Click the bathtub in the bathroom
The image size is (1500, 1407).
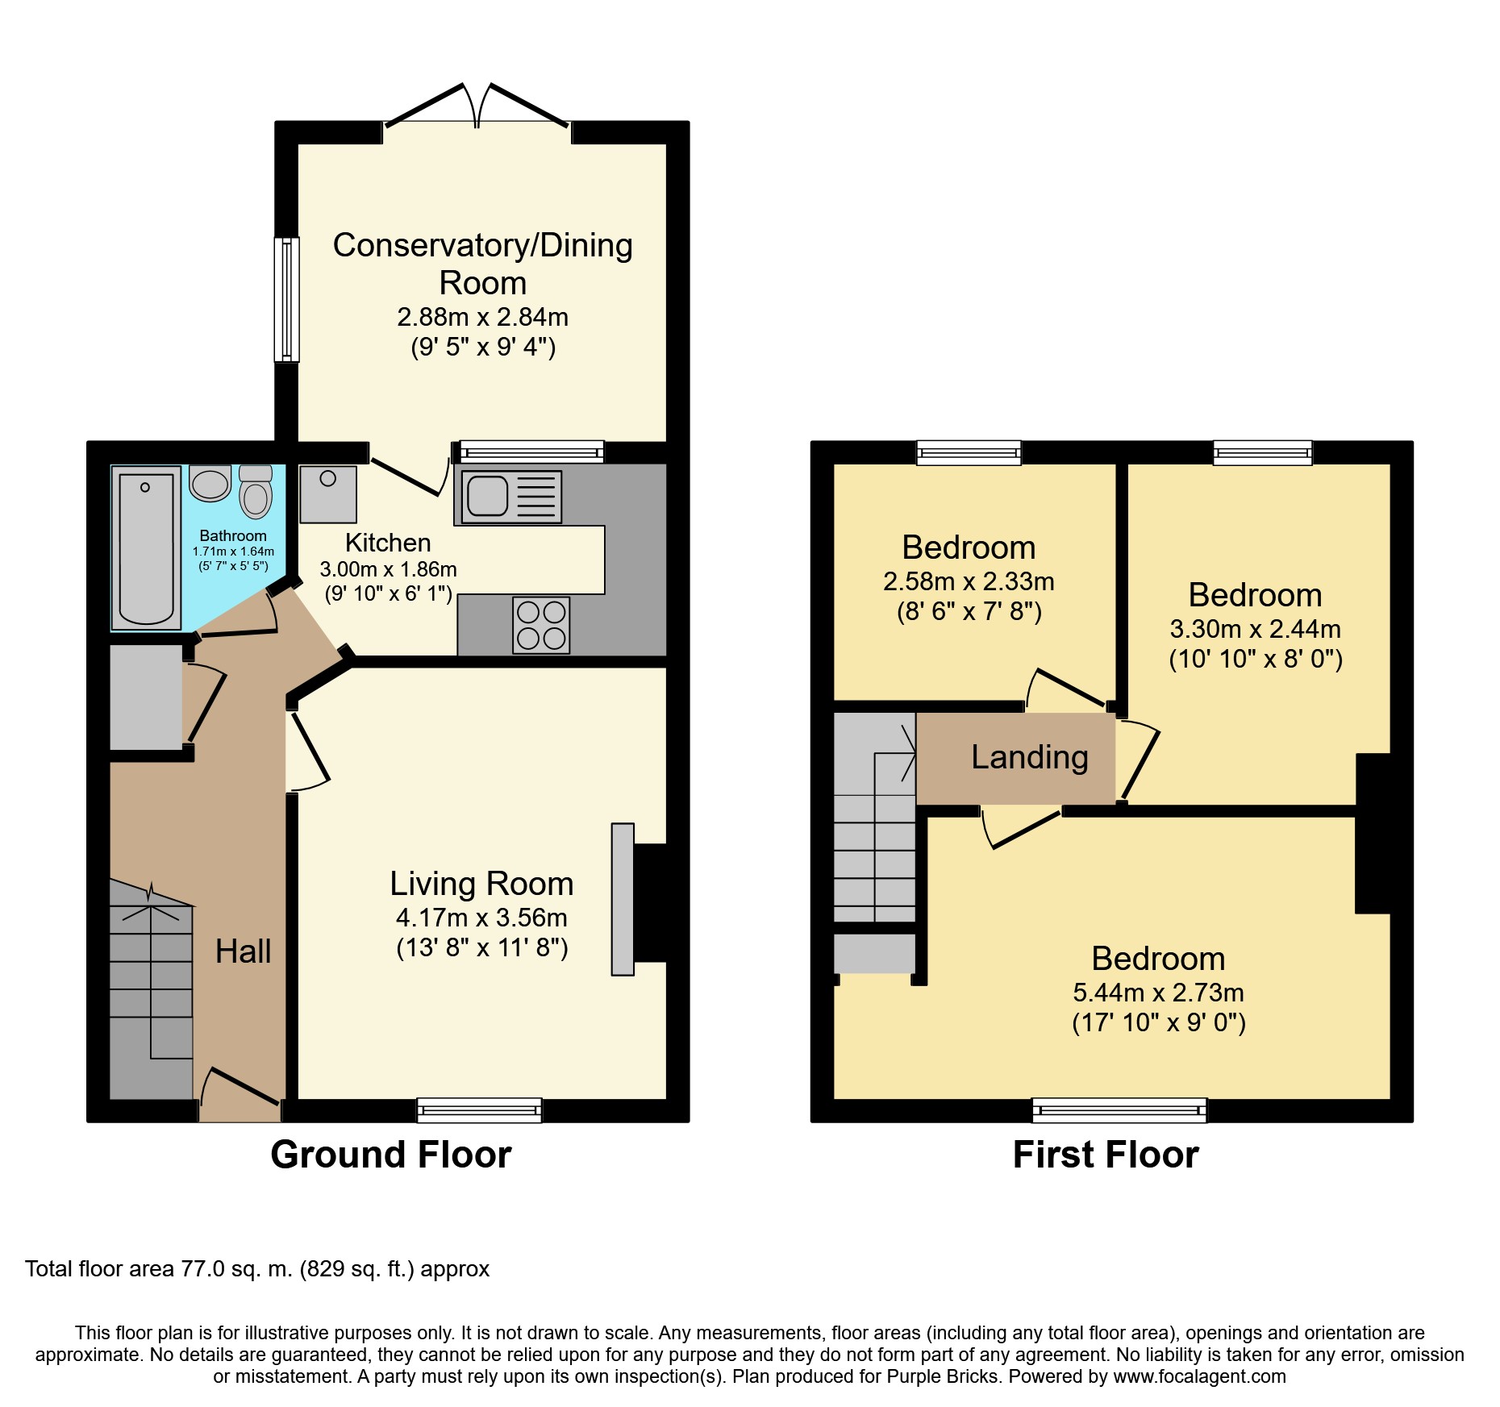click(146, 548)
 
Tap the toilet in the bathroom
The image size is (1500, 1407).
click(256, 492)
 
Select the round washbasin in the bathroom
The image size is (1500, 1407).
click(210, 483)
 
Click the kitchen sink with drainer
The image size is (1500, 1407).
click(511, 495)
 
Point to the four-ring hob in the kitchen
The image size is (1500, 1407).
click(541, 625)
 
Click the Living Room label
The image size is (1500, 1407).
click(481, 884)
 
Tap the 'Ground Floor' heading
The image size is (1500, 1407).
click(391, 1155)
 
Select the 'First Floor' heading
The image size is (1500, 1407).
click(1106, 1155)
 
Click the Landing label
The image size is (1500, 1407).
click(1030, 757)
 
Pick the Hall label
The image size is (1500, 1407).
click(243, 951)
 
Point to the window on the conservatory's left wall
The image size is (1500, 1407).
click(286, 299)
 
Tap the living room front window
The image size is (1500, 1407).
click(480, 1110)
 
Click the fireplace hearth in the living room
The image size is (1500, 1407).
click(623, 899)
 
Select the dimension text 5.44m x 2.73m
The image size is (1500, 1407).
click(1158, 993)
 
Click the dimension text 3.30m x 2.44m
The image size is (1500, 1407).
click(1255, 629)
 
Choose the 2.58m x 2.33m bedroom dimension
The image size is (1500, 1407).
click(969, 581)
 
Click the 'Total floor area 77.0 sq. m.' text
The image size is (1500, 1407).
click(159, 1269)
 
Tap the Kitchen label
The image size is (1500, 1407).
click(388, 543)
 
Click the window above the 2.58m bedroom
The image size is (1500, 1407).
click(969, 452)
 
